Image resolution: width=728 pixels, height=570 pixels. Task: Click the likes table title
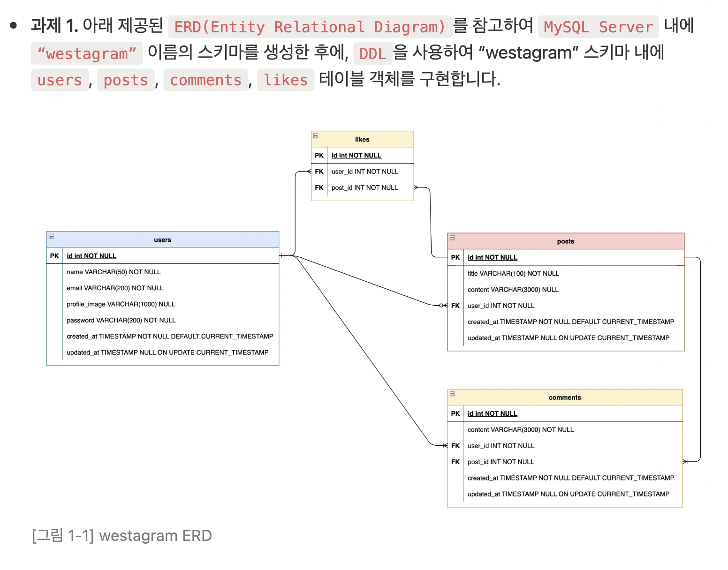click(x=362, y=139)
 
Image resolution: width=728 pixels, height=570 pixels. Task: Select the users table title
click(x=162, y=240)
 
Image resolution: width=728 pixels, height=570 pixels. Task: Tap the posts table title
click(x=565, y=241)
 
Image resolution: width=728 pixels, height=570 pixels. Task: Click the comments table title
click(x=565, y=397)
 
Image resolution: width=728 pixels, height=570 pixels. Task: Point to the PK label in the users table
click(x=54, y=256)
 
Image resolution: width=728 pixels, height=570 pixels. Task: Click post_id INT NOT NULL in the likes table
click(x=364, y=187)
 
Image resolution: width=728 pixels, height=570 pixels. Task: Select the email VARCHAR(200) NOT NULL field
click(x=115, y=288)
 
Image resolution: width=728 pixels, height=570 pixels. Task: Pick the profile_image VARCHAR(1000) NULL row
click(x=121, y=304)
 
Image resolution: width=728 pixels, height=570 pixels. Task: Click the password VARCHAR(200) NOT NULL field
click(x=121, y=320)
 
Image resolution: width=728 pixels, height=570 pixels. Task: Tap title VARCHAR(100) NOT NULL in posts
click(x=513, y=273)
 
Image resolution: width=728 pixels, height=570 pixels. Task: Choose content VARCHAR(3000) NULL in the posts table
click(x=513, y=290)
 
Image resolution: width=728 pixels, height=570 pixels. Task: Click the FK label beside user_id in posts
click(x=455, y=306)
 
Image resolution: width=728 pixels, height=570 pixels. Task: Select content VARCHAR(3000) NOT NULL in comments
click(x=520, y=430)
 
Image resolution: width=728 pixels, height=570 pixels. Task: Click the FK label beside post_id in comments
click(x=455, y=462)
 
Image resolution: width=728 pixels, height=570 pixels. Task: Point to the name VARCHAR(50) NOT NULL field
click(x=114, y=272)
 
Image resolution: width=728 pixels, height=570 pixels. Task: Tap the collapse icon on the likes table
click(x=316, y=136)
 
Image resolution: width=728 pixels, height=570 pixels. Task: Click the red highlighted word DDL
click(x=372, y=54)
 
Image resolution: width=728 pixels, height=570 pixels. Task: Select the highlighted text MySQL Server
click(x=598, y=27)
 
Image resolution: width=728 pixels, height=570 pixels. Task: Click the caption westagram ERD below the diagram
click(x=122, y=535)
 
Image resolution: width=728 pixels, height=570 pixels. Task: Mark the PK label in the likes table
click(x=319, y=156)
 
